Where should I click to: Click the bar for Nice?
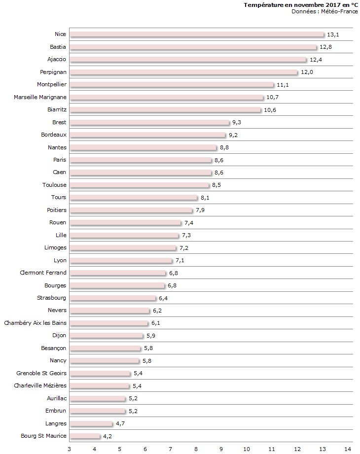[197, 35]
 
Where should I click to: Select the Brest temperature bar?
[149, 122]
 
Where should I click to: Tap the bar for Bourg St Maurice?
[85, 436]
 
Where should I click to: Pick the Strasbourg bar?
[112, 298]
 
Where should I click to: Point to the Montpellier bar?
[172, 85]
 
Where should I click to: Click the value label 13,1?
[333, 35]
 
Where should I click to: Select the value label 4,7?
[121, 424]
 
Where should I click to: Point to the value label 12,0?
[307, 72]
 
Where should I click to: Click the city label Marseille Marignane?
[40, 97]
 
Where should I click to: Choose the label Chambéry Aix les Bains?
[35, 323]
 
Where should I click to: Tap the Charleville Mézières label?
[40, 385]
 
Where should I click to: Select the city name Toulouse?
[54, 185]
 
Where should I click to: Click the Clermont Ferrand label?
[43, 273]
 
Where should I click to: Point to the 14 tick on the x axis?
[348, 449]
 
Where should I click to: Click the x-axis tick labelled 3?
[70, 449]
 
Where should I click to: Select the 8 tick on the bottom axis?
[196, 449]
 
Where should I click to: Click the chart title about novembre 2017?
[301, 5]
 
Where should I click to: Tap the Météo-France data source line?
[324, 11]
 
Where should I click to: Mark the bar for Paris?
[141, 160]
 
